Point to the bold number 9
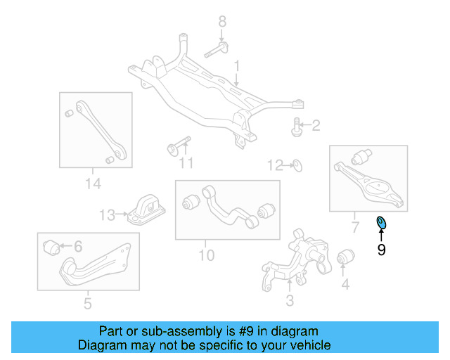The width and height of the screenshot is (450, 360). [x=382, y=250]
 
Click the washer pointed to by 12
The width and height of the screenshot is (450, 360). [x=298, y=166]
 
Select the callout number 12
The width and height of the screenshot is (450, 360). [x=274, y=166]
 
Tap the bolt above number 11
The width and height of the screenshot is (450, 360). [x=179, y=146]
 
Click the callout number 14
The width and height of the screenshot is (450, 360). [x=93, y=184]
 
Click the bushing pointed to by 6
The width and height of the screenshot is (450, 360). [x=51, y=247]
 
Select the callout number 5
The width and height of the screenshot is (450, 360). [x=87, y=304]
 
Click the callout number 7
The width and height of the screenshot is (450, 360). [x=354, y=226]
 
